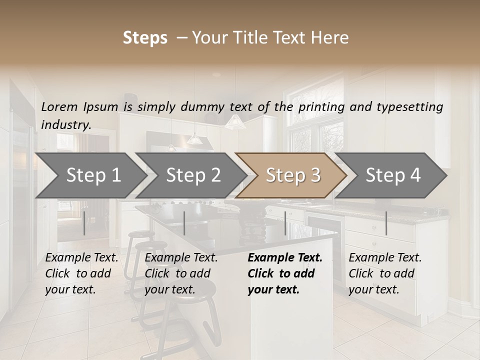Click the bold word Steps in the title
[145, 38]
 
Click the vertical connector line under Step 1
[84, 223]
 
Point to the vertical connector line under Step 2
[184, 223]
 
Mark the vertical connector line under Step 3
[285, 223]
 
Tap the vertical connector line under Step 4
[386, 223]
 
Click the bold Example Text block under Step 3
[285, 273]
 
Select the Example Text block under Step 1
[81, 273]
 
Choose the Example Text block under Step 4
[385, 273]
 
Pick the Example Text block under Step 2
[181, 273]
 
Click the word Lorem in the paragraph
[59, 106]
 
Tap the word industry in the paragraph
[66, 125]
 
